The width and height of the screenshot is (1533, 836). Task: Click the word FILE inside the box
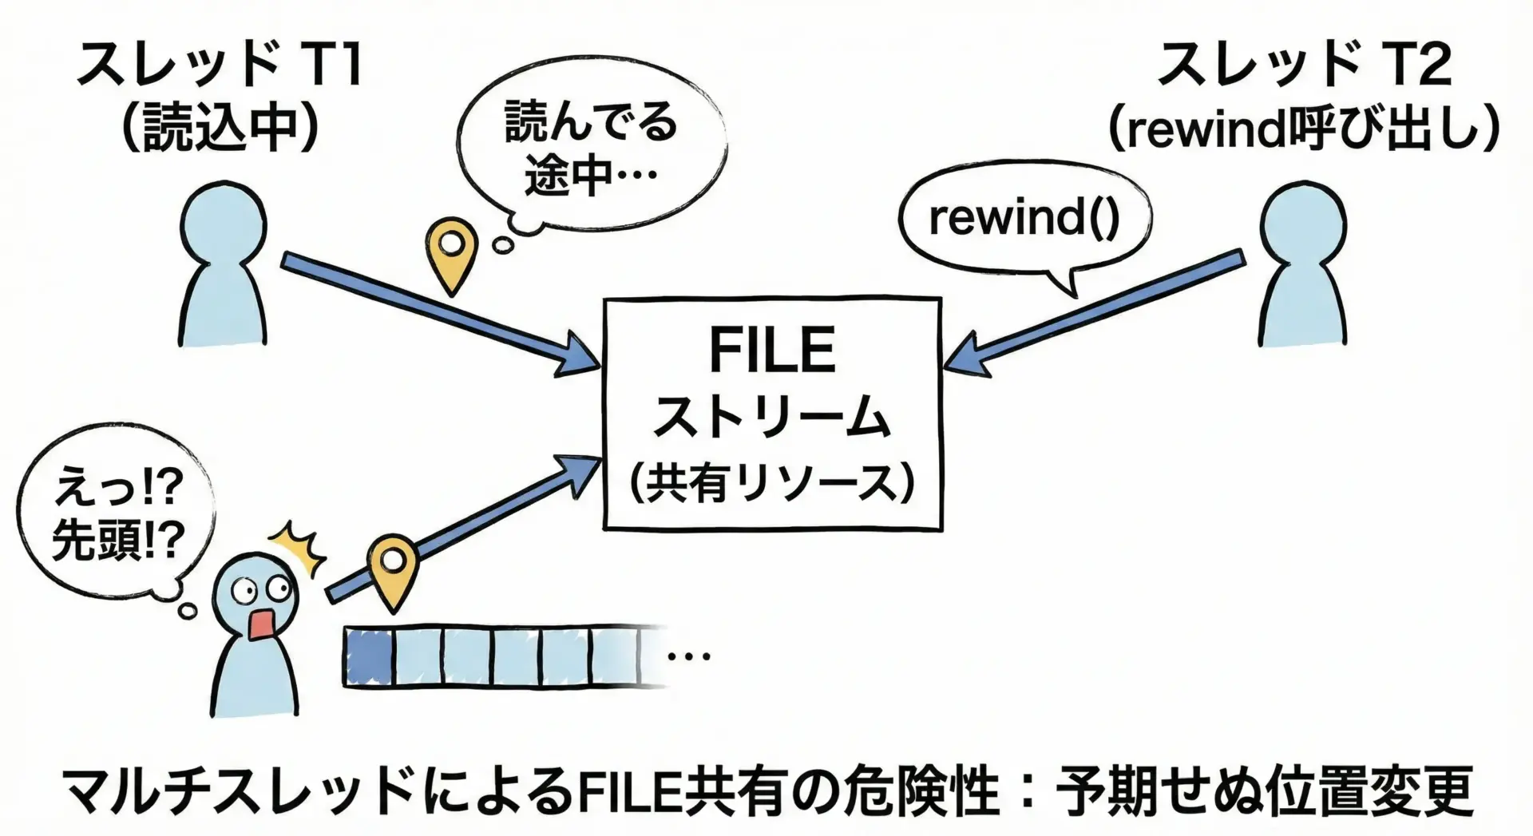[x=772, y=351]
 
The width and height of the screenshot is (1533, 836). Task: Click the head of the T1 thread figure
[x=222, y=216]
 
